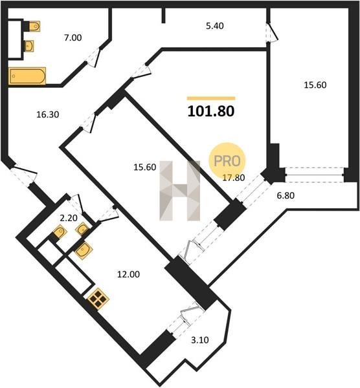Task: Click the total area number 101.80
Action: click(211, 111)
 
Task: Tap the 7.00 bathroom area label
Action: click(73, 38)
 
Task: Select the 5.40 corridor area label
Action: click(215, 26)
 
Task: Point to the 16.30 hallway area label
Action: click(47, 114)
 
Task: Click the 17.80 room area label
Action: click(234, 177)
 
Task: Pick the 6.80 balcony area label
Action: click(286, 195)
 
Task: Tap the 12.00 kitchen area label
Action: click(128, 274)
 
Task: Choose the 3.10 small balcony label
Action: click(199, 340)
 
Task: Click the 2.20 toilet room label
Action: click(69, 218)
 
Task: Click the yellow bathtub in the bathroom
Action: click(27, 76)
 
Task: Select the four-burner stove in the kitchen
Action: click(98, 299)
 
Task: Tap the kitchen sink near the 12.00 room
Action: click(84, 250)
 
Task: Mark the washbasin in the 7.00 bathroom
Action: click(29, 46)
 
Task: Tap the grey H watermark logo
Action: click(180, 191)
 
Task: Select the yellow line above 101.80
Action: click(211, 98)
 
